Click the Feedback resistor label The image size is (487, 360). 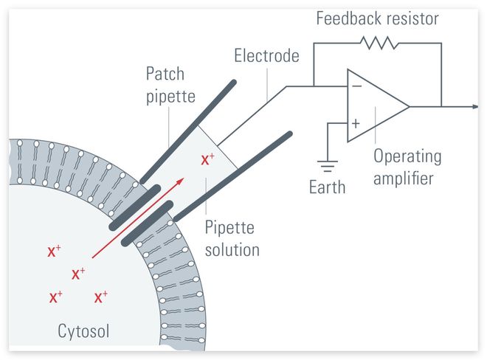pos(377,18)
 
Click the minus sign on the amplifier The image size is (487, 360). pos(356,86)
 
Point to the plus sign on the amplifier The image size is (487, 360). pos(356,124)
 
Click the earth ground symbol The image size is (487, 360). pos(327,166)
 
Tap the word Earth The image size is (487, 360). pos(327,187)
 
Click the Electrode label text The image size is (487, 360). pos(267,55)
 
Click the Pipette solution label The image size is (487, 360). pos(232,239)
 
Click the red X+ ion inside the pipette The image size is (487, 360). pos(208,159)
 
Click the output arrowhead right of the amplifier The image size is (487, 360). pos(474,107)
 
